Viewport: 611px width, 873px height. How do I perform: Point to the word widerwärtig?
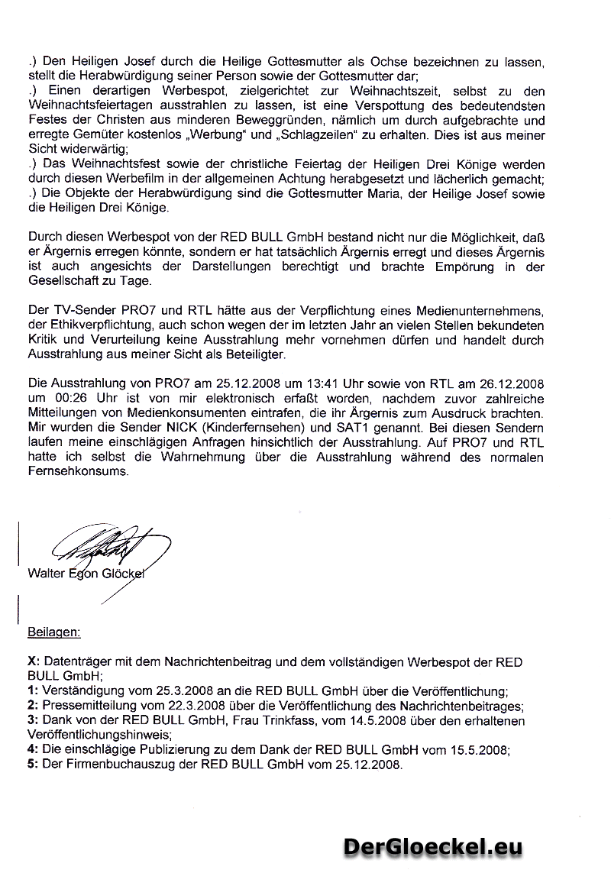tap(87, 150)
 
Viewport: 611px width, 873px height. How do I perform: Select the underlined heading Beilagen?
tap(53, 632)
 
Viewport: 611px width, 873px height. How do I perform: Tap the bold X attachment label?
tap(31, 661)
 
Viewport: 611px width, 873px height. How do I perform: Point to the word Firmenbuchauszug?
tap(112, 765)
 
